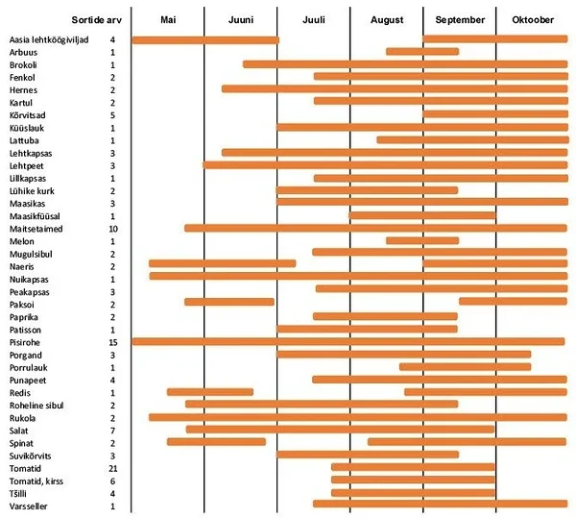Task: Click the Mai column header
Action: click(168, 20)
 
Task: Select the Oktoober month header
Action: click(532, 20)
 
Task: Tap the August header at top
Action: click(386, 20)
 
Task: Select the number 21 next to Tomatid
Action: click(112, 467)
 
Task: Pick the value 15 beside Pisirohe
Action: click(112, 341)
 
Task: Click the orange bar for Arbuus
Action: click(422, 52)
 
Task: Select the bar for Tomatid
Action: click(413, 467)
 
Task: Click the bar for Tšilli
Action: click(413, 493)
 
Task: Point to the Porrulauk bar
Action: click(465, 367)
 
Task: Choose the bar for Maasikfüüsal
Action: click(422, 215)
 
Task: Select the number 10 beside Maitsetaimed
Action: click(112, 229)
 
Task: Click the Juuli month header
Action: click(313, 20)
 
